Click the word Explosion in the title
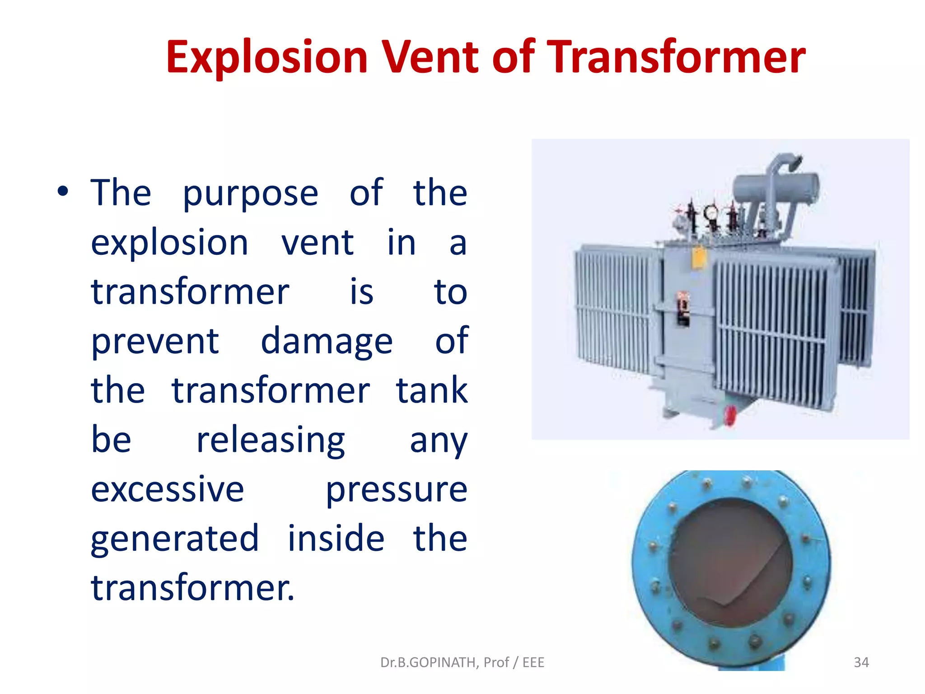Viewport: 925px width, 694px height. pyautogui.click(x=266, y=58)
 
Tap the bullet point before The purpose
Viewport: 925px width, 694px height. pyautogui.click(x=63, y=192)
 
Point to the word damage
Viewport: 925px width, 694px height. pyautogui.click(x=327, y=342)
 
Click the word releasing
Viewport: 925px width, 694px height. pyautogui.click(x=271, y=441)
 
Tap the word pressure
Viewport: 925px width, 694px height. pyautogui.click(x=397, y=490)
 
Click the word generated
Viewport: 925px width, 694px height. pyautogui.click(x=175, y=539)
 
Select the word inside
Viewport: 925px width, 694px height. pyautogui.click(x=336, y=539)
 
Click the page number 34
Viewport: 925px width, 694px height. pyautogui.click(x=861, y=662)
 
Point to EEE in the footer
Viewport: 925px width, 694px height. pyautogui.click(x=533, y=662)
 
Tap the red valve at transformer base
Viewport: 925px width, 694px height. pyautogui.click(x=729, y=415)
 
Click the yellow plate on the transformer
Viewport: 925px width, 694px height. pyautogui.click(x=699, y=258)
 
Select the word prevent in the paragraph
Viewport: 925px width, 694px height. pyautogui.click(x=155, y=342)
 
